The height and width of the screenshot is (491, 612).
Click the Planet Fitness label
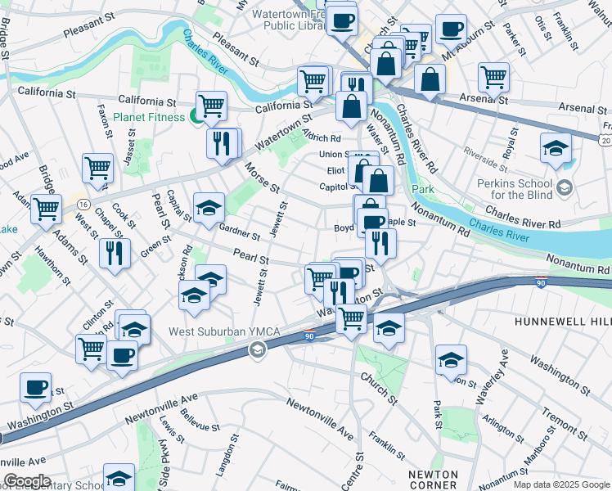click(151, 117)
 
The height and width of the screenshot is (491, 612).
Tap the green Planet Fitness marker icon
click(196, 116)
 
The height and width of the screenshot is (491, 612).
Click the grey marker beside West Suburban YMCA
click(257, 350)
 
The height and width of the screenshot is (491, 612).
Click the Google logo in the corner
click(26, 481)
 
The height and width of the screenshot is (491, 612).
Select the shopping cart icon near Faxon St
click(97, 167)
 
